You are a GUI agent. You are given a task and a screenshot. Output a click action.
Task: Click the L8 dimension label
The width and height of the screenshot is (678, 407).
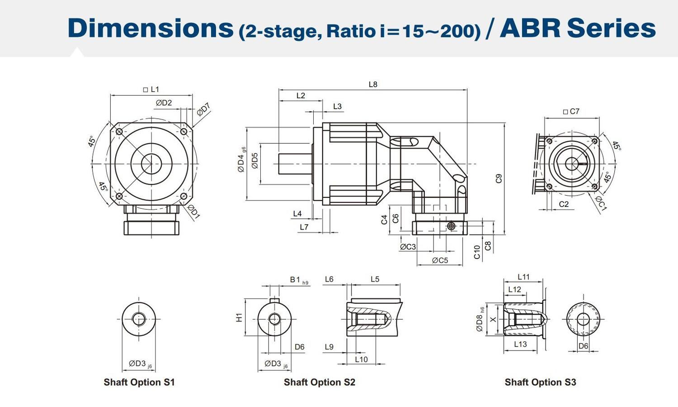tap(373, 84)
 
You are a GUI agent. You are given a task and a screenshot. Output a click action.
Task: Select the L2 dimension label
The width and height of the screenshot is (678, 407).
tap(301, 96)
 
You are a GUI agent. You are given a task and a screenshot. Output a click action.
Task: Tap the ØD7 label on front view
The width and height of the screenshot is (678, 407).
tap(203, 109)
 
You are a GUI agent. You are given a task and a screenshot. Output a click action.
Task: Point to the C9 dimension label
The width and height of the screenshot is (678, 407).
tap(499, 178)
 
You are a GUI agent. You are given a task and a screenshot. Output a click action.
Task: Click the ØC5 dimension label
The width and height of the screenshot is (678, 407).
tap(439, 260)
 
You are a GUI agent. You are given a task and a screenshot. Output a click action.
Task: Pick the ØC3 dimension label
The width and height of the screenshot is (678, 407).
tap(408, 247)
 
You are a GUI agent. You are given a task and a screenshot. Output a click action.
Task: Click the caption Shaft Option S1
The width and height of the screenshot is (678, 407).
tap(139, 382)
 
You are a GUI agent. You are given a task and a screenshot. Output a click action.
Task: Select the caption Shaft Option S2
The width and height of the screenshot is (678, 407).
tap(319, 382)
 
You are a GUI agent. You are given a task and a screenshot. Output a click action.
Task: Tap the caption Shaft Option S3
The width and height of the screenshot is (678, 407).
tap(540, 382)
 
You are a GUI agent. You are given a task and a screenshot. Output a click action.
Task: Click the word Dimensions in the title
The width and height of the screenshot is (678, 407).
tap(150, 28)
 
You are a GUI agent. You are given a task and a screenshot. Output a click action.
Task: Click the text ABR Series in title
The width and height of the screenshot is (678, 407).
tap(578, 28)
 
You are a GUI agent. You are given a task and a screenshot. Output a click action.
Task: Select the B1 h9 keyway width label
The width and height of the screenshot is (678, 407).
tap(299, 280)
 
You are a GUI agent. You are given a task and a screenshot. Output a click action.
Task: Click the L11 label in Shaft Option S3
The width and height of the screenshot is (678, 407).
tap(523, 277)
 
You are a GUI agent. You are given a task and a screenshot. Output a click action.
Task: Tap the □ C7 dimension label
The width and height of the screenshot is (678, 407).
tap(571, 111)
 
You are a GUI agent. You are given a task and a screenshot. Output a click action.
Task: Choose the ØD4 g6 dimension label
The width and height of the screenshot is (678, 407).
tap(242, 160)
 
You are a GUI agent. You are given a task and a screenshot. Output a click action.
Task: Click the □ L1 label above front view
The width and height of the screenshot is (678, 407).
tap(151, 89)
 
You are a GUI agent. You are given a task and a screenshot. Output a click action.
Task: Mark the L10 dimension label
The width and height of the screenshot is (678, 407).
tap(361, 359)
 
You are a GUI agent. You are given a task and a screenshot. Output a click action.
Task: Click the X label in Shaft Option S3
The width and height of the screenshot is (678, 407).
tap(493, 319)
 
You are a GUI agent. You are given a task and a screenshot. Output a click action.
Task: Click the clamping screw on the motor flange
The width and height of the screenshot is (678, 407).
tap(451, 225)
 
